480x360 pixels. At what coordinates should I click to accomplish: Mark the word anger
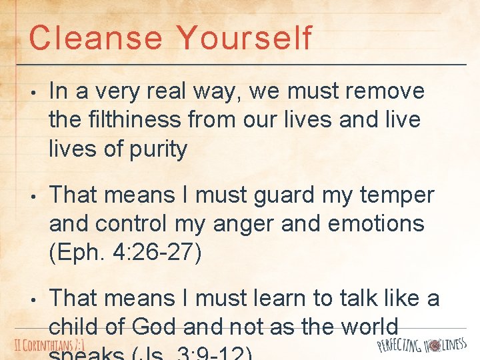245,224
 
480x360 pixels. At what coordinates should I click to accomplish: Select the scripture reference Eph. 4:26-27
125,253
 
